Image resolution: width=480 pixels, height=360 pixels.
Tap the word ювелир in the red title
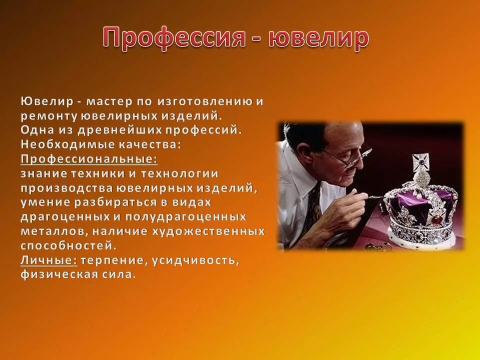coord(318,39)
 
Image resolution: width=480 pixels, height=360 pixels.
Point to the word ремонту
coord(48,116)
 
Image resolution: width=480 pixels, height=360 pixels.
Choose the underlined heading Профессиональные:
coord(88,159)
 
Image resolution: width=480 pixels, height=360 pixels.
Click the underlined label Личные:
coord(48,260)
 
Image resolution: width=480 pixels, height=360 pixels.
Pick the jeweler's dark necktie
coord(314,200)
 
